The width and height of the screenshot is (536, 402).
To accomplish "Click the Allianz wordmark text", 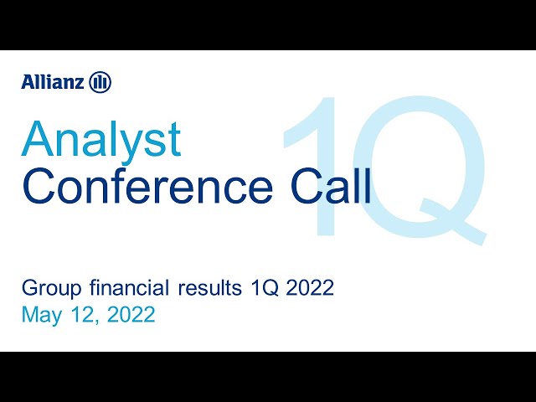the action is click(52, 82).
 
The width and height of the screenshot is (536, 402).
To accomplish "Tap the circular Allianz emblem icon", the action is click(100, 82).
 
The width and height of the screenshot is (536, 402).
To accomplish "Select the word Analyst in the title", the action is click(100, 141).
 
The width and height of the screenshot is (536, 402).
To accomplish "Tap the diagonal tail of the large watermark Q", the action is click(453, 221).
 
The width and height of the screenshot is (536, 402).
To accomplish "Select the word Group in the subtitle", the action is click(52, 289).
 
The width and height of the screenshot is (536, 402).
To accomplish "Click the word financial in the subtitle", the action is click(130, 287).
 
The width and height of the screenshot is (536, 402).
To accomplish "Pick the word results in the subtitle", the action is click(210, 288).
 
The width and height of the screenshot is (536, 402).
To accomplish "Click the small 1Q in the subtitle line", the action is click(265, 288).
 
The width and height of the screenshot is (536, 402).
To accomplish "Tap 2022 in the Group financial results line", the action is click(310, 288).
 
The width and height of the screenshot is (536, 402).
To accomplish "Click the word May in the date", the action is click(43, 316).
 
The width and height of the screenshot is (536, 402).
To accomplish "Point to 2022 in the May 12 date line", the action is click(131, 315).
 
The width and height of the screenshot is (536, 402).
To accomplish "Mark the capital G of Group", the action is click(30, 288).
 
